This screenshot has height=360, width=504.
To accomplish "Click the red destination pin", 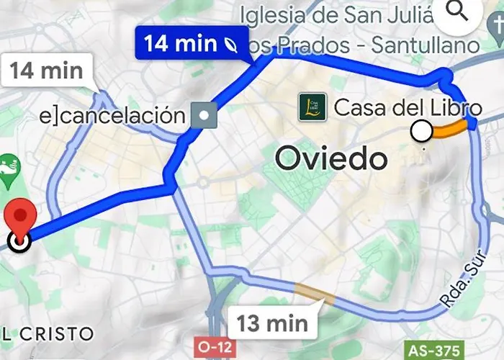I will click(19, 218).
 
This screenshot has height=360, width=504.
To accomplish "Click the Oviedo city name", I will click(332, 158).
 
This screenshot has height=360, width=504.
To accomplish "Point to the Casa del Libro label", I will click(408, 108).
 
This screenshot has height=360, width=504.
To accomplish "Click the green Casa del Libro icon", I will click(312, 107).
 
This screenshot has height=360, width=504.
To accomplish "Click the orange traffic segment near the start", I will click(450, 130).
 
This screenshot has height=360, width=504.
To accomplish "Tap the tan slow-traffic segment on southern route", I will click(314, 292).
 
